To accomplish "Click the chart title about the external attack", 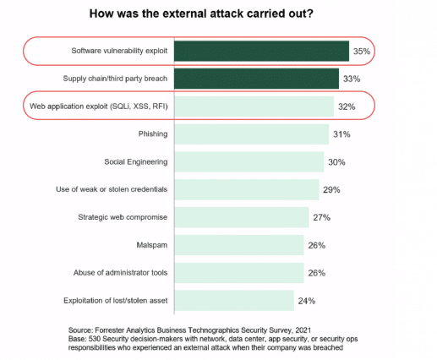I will pyautogui.click(x=218, y=14).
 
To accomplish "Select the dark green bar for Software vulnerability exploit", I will pyautogui.click(x=261, y=52).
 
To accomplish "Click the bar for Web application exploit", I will pyautogui.click(x=254, y=106).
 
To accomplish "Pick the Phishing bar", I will pyautogui.click(x=251, y=134).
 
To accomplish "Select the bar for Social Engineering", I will pyautogui.click(x=249, y=162).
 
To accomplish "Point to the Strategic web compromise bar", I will pyautogui.click(x=241, y=217).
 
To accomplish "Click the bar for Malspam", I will pyautogui.click(x=238, y=245).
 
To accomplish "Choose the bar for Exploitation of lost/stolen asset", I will pyautogui.click(x=233, y=300).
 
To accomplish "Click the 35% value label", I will pyautogui.click(x=362, y=52).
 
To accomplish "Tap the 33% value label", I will pyautogui.click(x=352, y=79).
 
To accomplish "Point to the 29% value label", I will pyautogui.click(x=331, y=190).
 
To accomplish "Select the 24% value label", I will pyautogui.click(x=307, y=300).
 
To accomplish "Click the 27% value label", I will pyautogui.click(x=321, y=217).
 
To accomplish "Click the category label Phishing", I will pyautogui.click(x=151, y=134).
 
